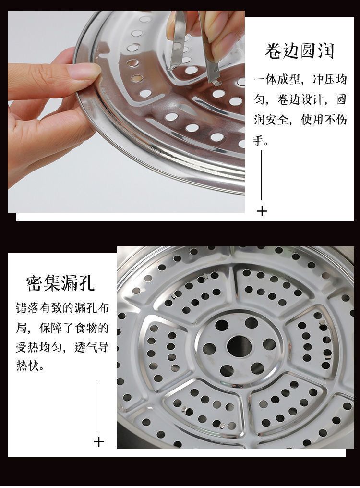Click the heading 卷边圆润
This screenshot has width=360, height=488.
300,51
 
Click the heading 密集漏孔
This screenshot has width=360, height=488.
60,283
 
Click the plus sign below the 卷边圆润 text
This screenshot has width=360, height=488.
262,211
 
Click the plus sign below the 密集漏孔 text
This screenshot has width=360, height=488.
98,441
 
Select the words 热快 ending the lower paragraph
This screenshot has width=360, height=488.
28,366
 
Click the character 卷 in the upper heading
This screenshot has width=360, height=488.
273,51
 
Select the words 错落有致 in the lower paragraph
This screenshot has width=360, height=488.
39,308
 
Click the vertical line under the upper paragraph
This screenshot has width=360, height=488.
262,175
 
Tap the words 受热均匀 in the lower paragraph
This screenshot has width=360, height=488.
39,347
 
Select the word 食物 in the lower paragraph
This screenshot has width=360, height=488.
85,328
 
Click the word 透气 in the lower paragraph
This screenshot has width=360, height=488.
85,347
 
